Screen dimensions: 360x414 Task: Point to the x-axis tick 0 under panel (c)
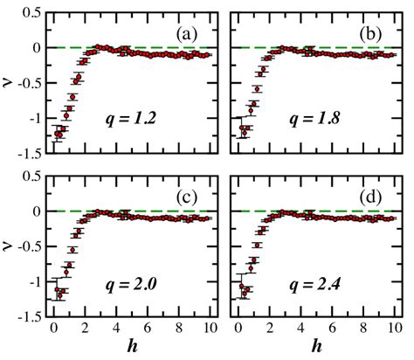tap(54, 329)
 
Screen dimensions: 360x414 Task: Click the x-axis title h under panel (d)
tap(316, 348)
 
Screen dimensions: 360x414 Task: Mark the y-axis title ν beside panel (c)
tap(9, 247)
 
